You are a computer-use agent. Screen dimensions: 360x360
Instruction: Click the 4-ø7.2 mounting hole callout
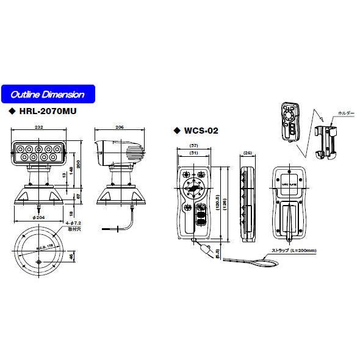[x=72, y=225]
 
